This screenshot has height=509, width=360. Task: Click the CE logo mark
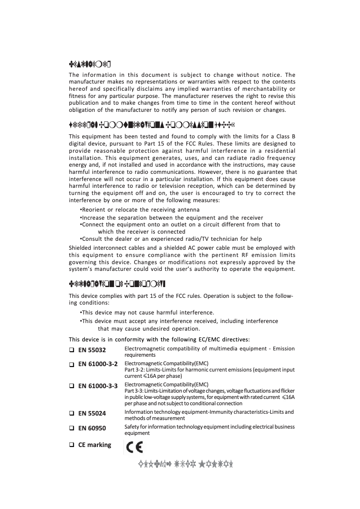[x=132, y=447]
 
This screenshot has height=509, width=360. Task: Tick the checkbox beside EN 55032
[x=71, y=350]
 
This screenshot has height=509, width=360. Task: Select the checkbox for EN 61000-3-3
[x=71, y=386]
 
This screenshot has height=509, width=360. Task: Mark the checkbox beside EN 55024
[x=71, y=413]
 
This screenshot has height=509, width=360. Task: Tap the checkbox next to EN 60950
[x=71, y=429]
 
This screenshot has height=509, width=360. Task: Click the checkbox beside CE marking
[x=71, y=445]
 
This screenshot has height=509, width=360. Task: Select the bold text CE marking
[x=95, y=445]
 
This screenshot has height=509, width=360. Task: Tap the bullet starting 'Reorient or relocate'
[x=140, y=210]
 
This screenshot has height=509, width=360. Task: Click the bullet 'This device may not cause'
[x=147, y=312]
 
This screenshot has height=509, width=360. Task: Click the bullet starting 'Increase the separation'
[x=171, y=217]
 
